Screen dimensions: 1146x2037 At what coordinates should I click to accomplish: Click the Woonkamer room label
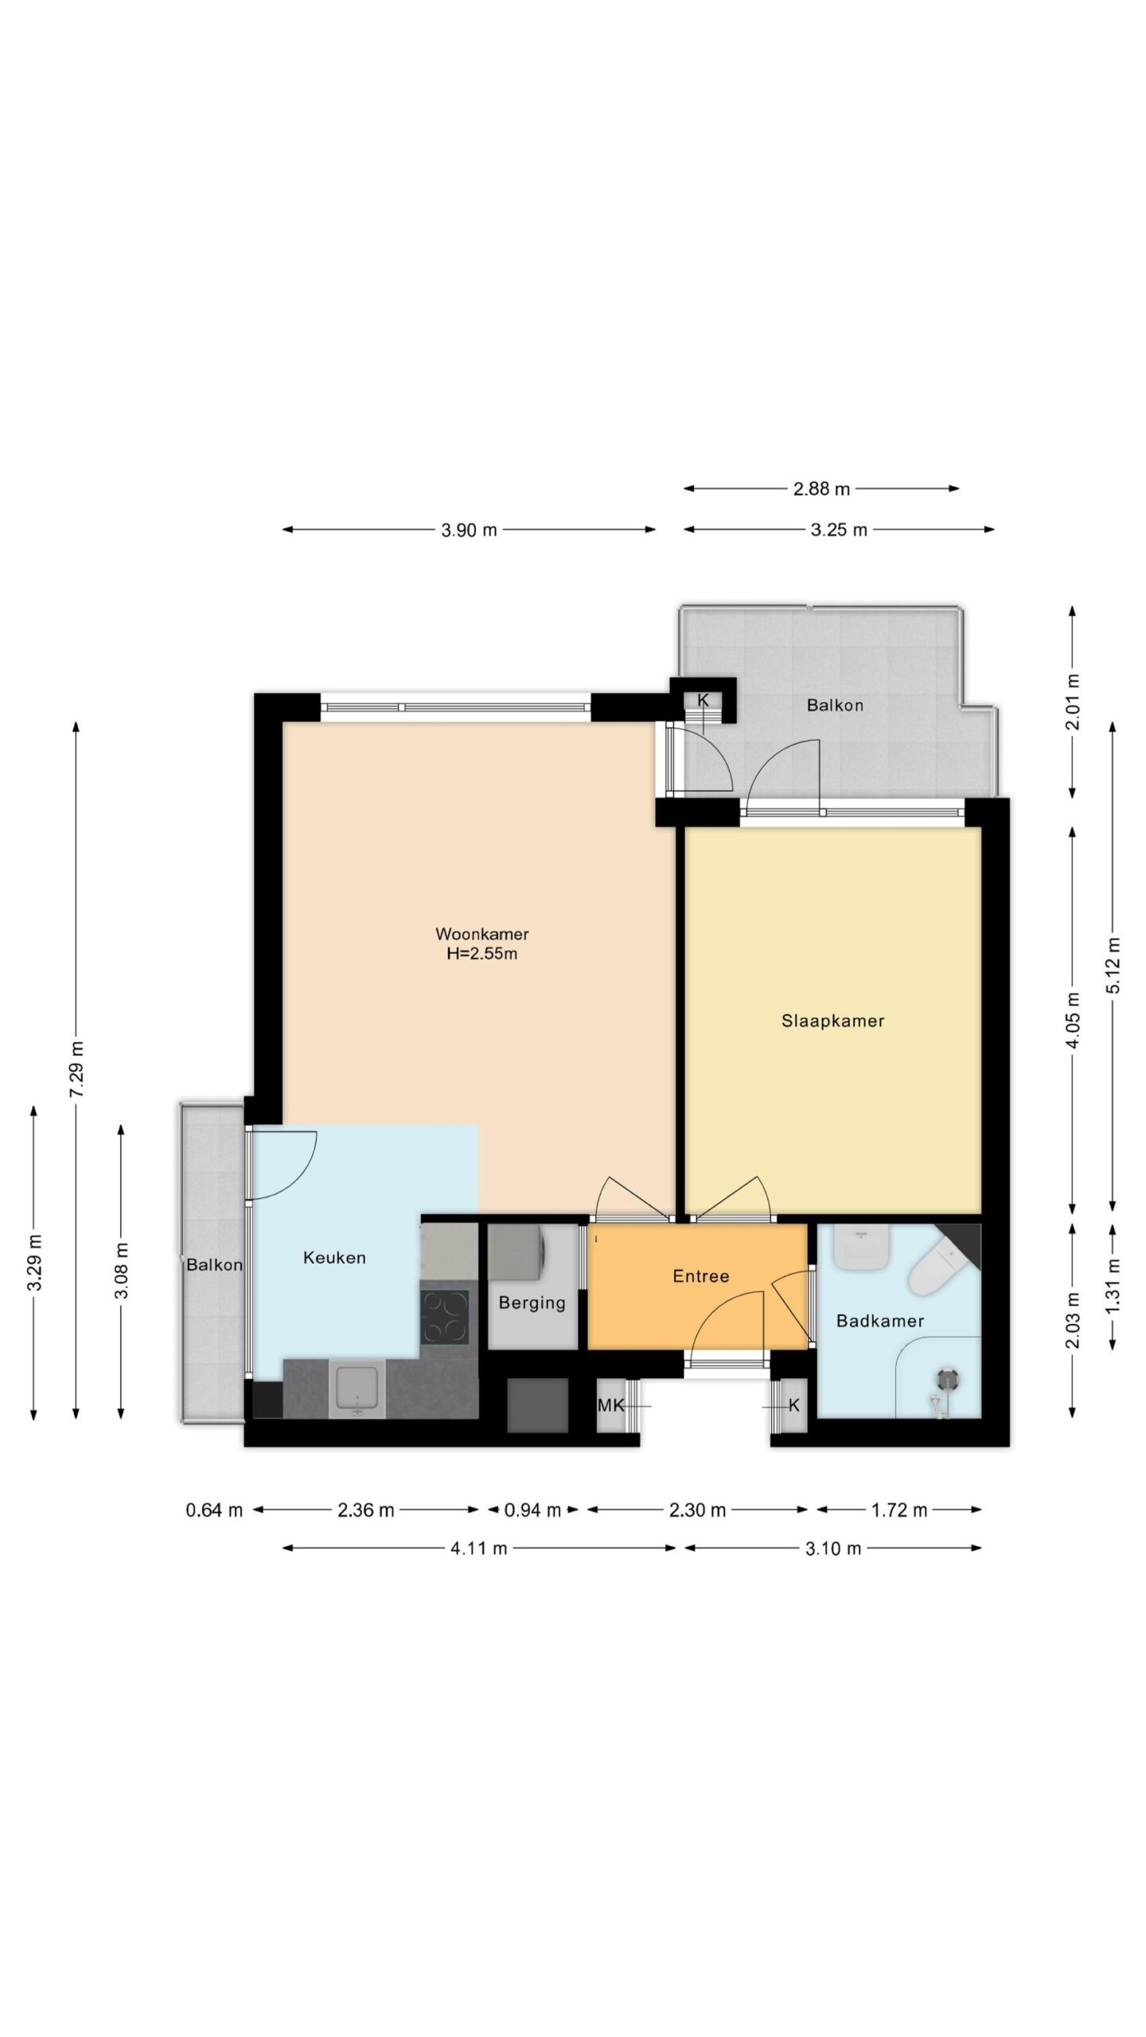point(481,933)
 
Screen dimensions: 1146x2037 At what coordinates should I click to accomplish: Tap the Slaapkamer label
point(832,1021)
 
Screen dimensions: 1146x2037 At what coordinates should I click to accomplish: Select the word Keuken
point(334,1258)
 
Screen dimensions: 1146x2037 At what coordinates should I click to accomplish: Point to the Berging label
point(532,1303)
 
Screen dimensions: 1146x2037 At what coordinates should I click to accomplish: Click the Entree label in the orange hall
point(700,1276)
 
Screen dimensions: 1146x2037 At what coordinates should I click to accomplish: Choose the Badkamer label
point(879,1321)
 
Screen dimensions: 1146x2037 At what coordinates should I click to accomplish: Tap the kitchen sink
point(358,1389)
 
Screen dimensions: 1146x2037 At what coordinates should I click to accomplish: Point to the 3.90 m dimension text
point(469,530)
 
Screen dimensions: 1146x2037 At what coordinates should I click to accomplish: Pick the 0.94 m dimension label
point(532,1509)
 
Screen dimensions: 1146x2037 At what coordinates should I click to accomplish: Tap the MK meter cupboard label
point(610,1405)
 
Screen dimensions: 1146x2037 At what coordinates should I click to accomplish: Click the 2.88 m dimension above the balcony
point(821,489)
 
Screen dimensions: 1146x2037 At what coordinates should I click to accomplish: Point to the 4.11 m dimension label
point(479,1548)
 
